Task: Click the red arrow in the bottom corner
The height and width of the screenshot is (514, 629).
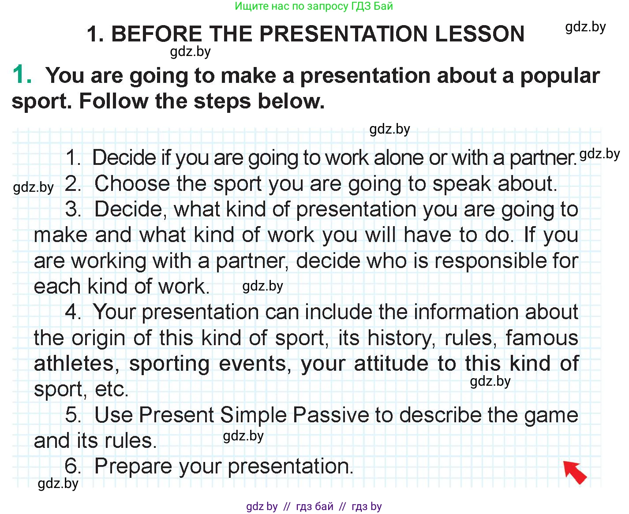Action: (x=574, y=472)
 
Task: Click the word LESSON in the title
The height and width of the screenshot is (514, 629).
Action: (x=479, y=34)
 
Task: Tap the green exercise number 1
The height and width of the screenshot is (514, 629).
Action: (x=22, y=74)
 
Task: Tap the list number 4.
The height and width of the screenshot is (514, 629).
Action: (x=73, y=312)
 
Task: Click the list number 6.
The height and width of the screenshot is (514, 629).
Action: (x=73, y=466)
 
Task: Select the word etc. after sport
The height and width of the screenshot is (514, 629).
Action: (x=112, y=389)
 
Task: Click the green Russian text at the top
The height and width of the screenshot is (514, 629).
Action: (x=314, y=6)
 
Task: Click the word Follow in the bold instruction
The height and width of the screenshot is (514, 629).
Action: (x=114, y=101)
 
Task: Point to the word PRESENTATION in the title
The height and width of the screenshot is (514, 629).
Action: (x=344, y=34)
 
